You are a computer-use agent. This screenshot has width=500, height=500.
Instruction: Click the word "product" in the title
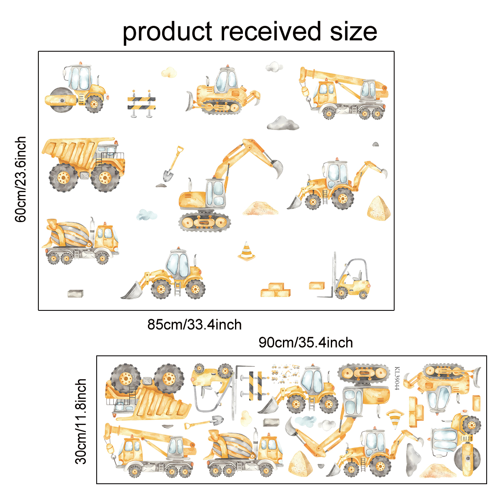pos(167,32)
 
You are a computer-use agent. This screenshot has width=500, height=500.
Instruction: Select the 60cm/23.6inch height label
pos(21,179)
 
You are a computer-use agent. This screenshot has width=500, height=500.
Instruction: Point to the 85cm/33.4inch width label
pos(194,325)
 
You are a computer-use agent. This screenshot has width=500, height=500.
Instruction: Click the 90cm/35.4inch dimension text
pos(306,342)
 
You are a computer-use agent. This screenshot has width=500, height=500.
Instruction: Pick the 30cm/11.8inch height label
pos(81,421)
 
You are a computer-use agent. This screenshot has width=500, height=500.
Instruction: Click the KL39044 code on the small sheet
pos(397,378)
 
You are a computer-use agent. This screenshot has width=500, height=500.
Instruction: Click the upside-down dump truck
pos(147,391)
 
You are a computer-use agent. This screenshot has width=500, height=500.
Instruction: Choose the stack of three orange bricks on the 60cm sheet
pos(275,290)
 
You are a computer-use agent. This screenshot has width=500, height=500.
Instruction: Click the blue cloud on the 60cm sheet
pos(147,215)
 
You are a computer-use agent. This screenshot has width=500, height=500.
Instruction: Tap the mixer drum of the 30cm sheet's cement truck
pos(232,445)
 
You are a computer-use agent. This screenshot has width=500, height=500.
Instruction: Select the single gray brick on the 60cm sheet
pos(75,293)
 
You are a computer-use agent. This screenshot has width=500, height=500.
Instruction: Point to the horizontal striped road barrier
pos(141,103)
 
